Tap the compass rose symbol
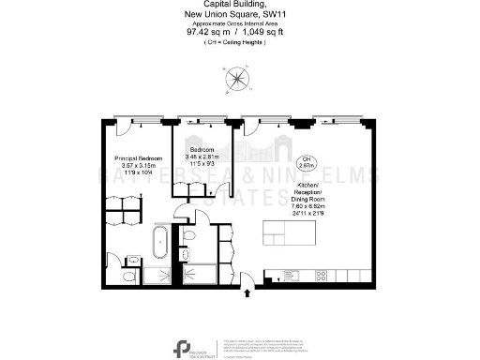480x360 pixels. [239, 81]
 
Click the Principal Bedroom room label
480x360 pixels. [139, 158]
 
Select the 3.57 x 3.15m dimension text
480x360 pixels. [139, 166]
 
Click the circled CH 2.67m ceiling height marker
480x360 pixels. [306, 161]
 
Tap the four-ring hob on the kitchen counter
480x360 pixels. [321, 277]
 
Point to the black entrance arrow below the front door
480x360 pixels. [247, 292]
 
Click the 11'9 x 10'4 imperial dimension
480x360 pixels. [139, 173]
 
